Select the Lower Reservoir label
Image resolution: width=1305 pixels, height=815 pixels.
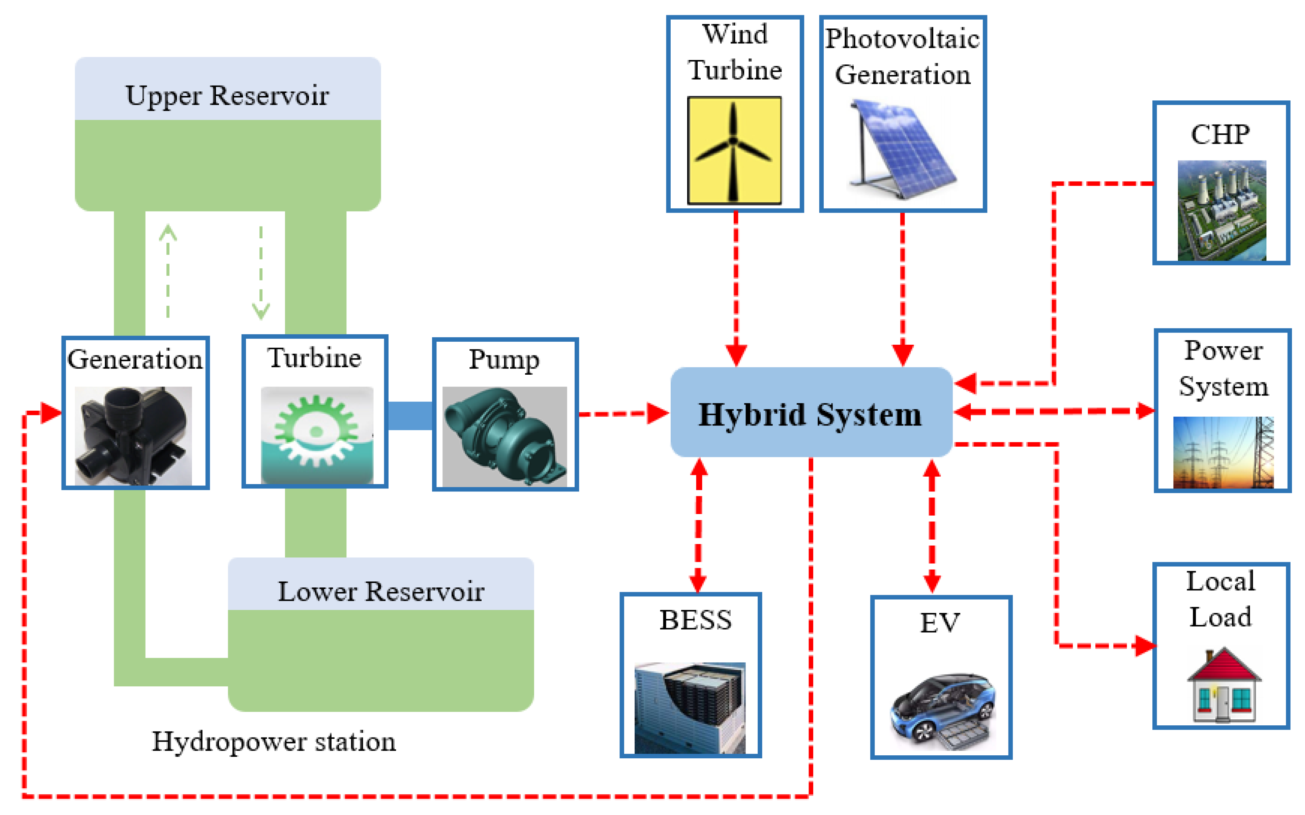pyautogui.click(x=381, y=591)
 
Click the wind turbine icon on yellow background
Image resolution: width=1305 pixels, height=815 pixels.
pyautogui.click(x=734, y=150)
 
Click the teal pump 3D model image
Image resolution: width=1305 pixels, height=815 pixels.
pyautogui.click(x=504, y=435)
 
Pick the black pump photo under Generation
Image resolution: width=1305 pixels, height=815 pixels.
pyautogui.click(x=133, y=435)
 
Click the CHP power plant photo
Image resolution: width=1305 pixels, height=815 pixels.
pyautogui.click(x=1222, y=210)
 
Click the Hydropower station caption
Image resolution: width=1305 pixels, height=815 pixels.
pyautogui.click(x=274, y=742)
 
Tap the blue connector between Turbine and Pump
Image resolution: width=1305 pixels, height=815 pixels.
pyautogui.click(x=410, y=415)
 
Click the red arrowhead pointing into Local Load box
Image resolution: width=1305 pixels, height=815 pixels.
pyautogui.click(x=1145, y=645)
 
